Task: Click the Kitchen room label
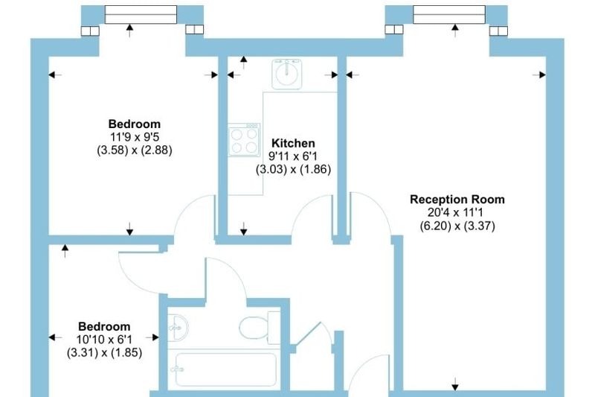coord(293,143)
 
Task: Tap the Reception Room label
coord(457,200)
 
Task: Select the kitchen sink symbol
coord(287,74)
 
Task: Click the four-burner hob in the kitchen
coord(244,139)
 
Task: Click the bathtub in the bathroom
coord(226,369)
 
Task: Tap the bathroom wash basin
coord(178,327)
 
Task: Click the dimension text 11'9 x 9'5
coord(135,137)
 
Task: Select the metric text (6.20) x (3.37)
coord(457,226)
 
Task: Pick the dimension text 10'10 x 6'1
coord(104,339)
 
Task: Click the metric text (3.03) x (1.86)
coord(293,169)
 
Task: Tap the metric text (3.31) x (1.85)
coord(104,352)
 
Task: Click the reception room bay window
coord(449,15)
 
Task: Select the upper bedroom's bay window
coord(141,15)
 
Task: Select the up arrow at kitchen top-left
coord(244,63)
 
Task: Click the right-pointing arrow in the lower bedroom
coord(152,337)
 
